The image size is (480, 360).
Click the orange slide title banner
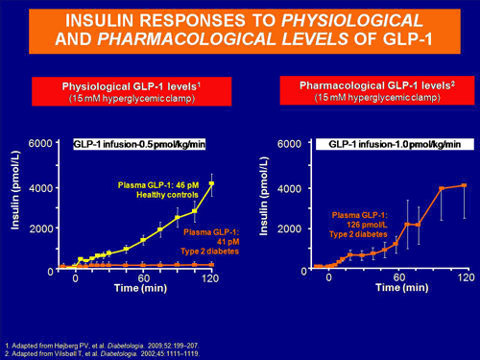239,31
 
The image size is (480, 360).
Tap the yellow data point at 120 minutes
211,183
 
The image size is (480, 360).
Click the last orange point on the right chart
464,185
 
